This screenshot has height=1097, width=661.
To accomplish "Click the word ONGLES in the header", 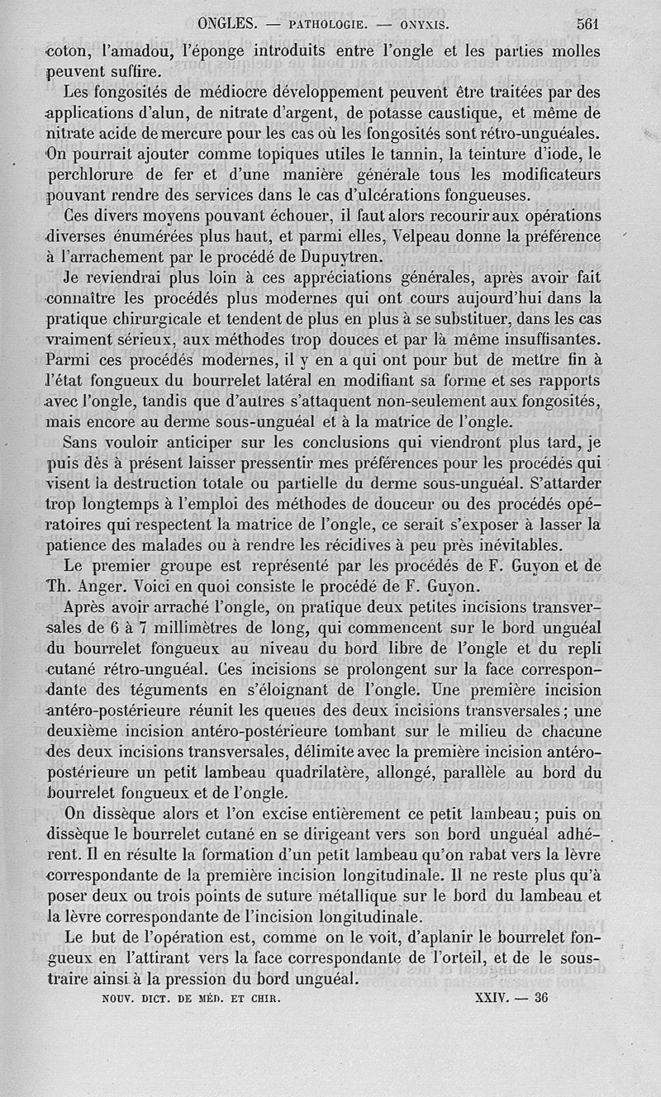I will [x=228, y=23].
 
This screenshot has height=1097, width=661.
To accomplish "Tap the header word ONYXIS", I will [x=421, y=24].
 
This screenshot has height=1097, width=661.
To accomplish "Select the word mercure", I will [x=221, y=133].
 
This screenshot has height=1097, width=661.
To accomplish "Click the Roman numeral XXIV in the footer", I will [x=488, y=997].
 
